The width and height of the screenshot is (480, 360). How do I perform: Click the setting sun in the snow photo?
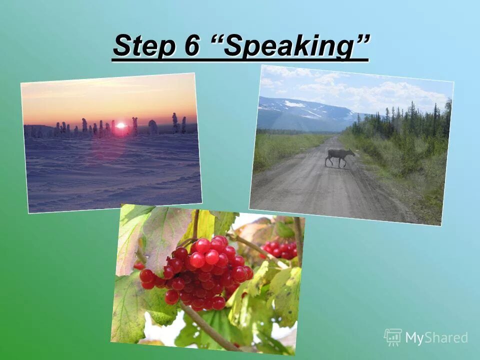point(120,126)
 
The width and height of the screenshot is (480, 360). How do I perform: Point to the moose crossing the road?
point(339,157)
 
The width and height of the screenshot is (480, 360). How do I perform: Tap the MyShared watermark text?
point(436,338)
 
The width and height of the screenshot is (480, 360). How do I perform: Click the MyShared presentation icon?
point(393,337)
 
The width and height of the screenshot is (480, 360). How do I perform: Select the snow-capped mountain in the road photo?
point(300,110)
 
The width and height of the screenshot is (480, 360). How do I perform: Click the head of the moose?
point(351,152)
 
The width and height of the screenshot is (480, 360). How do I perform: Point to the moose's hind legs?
point(328,160)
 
